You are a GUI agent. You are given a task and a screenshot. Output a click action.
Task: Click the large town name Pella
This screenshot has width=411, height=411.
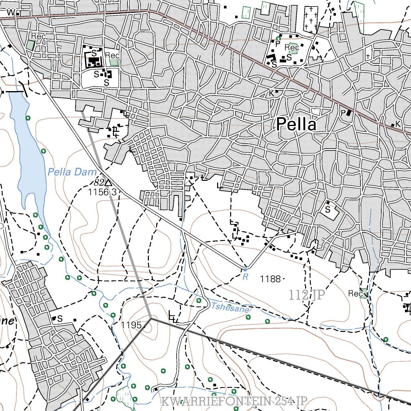[296, 124]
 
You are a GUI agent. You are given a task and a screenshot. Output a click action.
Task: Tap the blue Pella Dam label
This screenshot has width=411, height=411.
[72, 173]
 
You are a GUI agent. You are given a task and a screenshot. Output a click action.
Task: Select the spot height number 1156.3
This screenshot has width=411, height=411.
[102, 192]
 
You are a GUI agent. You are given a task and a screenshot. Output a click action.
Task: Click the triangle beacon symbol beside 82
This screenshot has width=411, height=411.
[108, 183]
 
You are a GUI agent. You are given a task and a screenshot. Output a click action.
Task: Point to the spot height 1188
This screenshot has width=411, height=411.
[270, 279]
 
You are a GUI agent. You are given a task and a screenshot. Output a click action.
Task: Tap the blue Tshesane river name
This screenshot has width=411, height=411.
[230, 308]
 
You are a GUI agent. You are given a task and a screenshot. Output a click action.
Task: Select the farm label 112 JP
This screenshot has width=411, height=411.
[307, 295]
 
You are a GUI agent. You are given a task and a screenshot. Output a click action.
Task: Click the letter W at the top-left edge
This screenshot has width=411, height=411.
[11, 12]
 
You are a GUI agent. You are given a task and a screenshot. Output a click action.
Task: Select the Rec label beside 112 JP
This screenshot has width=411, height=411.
[355, 294]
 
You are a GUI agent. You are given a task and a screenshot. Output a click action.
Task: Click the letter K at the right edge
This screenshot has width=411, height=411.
[398, 124]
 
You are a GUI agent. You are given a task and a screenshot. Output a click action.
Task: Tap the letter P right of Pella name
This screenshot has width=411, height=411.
[343, 113]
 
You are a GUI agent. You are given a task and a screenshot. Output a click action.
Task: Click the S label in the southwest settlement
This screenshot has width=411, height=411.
[60, 319]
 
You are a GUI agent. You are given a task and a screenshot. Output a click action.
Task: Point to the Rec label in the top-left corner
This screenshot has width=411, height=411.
[39, 36]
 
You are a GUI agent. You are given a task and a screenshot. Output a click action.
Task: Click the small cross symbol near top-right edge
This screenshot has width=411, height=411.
[368, 57]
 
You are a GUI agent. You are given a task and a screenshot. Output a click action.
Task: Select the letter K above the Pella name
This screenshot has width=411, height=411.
[272, 93]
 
